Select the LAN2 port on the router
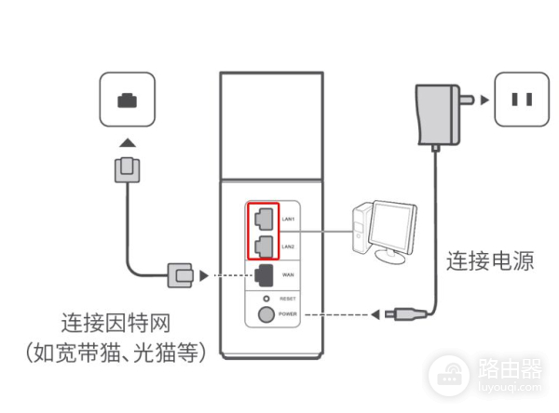click(x=265, y=245)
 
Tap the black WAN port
click(x=265, y=274)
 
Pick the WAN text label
click(x=288, y=274)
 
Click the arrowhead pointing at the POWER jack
click(x=374, y=313)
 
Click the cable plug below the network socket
click(x=127, y=169)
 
